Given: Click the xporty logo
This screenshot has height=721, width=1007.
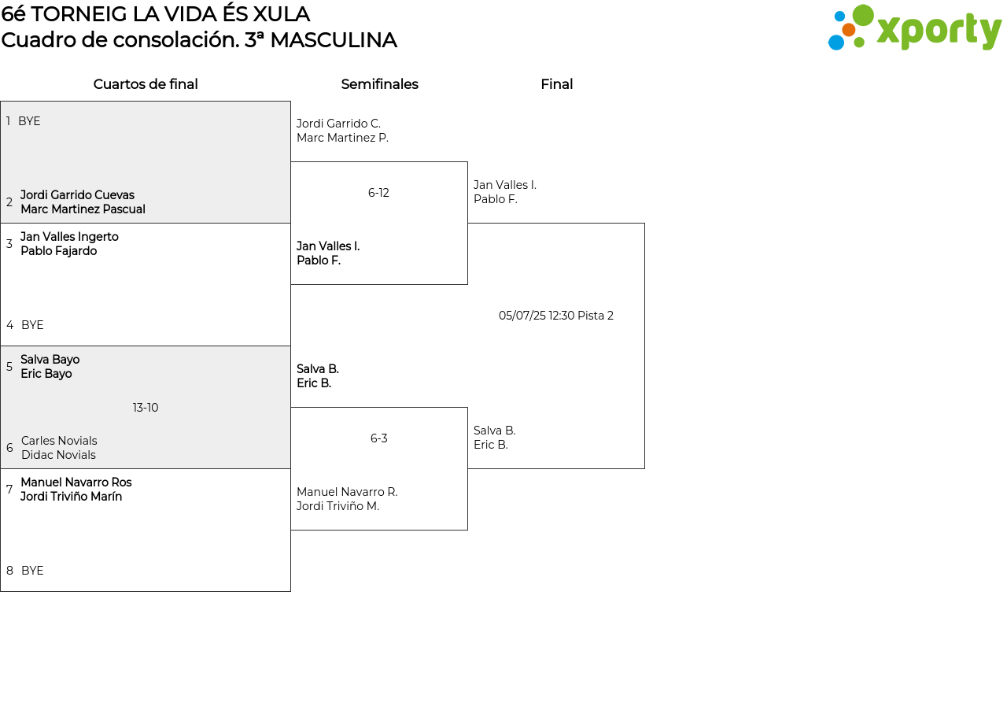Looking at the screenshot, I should (x=914, y=28).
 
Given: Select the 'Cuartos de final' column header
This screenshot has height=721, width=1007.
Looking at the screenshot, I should (x=146, y=84).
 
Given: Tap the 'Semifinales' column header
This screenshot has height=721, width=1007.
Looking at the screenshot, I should (x=379, y=84).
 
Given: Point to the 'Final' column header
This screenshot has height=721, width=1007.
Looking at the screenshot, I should (x=556, y=84).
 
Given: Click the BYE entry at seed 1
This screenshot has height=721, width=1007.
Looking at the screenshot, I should (x=29, y=121).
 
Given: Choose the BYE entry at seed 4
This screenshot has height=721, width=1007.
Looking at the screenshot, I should (x=32, y=325).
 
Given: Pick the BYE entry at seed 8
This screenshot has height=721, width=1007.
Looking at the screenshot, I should (x=32, y=571).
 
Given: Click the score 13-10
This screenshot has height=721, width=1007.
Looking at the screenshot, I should (x=146, y=408).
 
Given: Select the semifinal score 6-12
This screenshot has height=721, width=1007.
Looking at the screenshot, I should (x=378, y=193).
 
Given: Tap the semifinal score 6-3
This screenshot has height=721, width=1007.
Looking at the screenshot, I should (x=378, y=438).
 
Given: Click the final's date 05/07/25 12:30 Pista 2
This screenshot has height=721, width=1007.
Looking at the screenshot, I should (x=556, y=316).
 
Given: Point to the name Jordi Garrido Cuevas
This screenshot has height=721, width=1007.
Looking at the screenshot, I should (x=77, y=195).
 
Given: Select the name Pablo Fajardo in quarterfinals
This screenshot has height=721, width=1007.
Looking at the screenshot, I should (x=59, y=251).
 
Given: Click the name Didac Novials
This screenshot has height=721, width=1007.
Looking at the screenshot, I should (x=58, y=455).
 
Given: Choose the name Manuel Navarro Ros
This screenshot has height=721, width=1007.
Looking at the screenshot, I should (x=76, y=483).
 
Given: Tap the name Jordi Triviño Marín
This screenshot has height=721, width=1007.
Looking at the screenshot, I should (x=71, y=497).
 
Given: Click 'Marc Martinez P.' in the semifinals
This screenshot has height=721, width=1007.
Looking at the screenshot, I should (x=342, y=138).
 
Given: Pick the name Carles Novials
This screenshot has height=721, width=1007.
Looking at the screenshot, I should (x=59, y=441).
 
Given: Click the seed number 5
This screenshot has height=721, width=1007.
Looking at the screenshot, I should (x=9, y=367).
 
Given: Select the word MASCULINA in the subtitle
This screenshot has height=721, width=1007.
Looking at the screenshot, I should (x=334, y=40).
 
